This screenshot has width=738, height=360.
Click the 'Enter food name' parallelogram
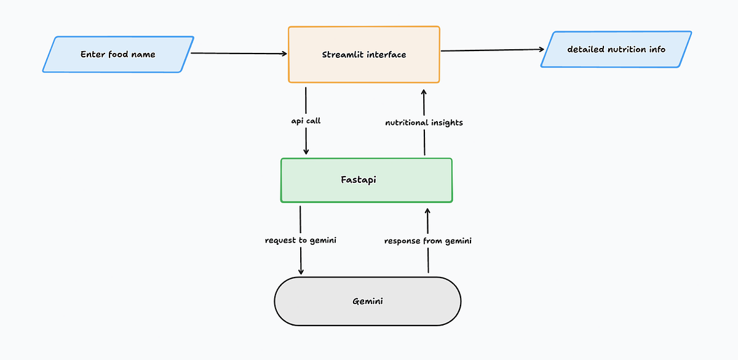(x=118, y=55)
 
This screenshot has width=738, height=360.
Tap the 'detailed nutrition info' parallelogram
(x=616, y=49)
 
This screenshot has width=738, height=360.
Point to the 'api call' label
(x=306, y=121)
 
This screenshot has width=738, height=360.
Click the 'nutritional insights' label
(x=424, y=122)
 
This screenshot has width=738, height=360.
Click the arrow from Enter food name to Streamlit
(x=240, y=54)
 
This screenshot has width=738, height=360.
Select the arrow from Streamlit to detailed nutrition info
(x=492, y=50)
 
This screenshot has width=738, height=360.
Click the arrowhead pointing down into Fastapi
(x=306, y=151)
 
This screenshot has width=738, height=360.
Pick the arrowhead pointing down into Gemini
(x=301, y=271)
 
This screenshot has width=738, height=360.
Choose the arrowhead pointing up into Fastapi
(x=427, y=212)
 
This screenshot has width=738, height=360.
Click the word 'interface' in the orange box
(x=386, y=55)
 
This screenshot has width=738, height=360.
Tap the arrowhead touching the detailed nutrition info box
(x=541, y=50)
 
